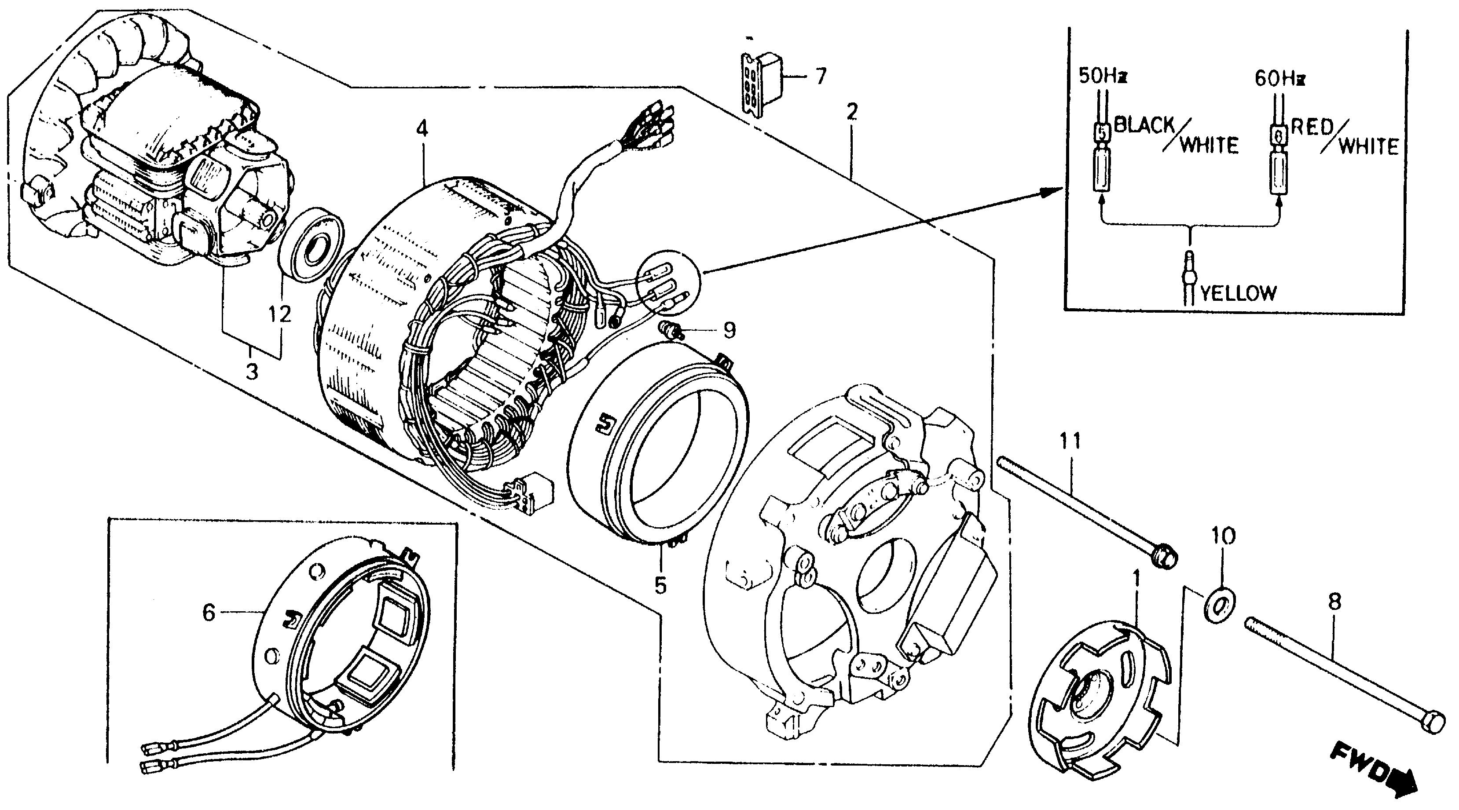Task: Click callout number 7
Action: (x=820, y=75)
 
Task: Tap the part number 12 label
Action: (x=280, y=314)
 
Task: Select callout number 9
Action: (x=729, y=330)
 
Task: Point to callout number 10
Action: (x=1223, y=536)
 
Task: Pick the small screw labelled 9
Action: (x=668, y=329)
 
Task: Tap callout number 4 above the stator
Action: (x=422, y=129)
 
